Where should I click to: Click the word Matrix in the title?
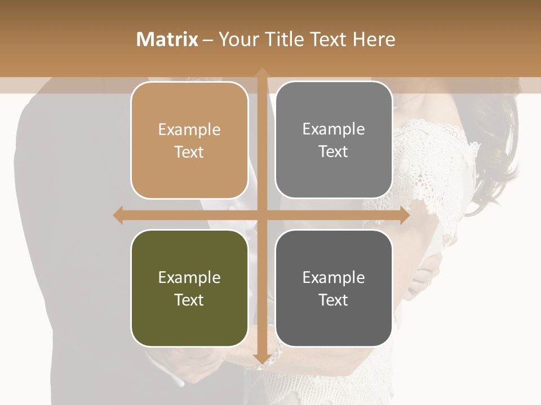[167, 39]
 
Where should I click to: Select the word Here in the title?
[374, 39]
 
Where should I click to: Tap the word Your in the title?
[238, 39]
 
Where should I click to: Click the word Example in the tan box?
[189, 130]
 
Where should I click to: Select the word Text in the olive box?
[189, 300]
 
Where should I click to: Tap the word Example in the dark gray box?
[334, 277]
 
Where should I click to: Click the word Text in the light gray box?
[334, 152]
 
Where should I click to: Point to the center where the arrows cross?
[261, 215]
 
